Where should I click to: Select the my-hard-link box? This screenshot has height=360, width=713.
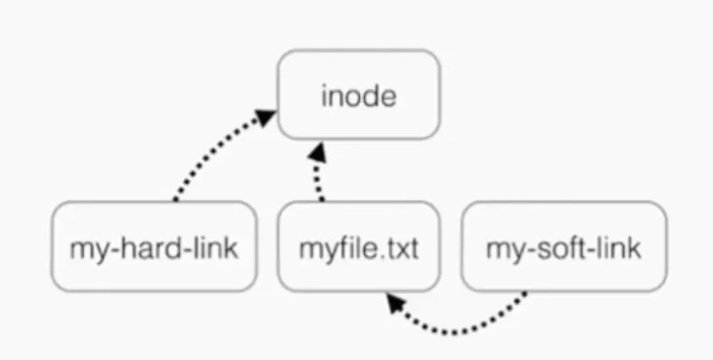[155, 247]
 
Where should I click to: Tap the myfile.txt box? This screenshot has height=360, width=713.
[358, 247]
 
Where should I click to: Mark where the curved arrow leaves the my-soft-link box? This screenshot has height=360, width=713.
[528, 292]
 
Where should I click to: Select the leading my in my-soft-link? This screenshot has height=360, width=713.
[502, 248]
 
